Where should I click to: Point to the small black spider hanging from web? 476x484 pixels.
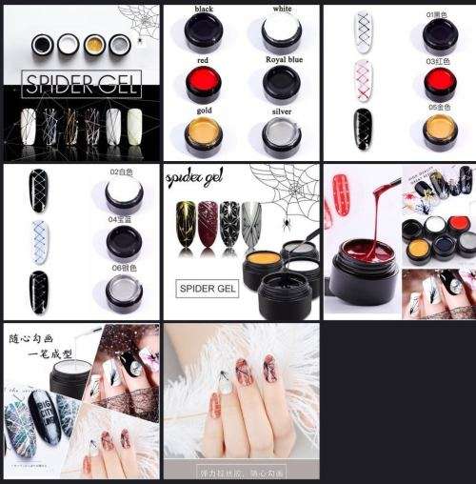[x=282, y=226]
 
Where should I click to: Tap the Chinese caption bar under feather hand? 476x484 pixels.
[x=240, y=472]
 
